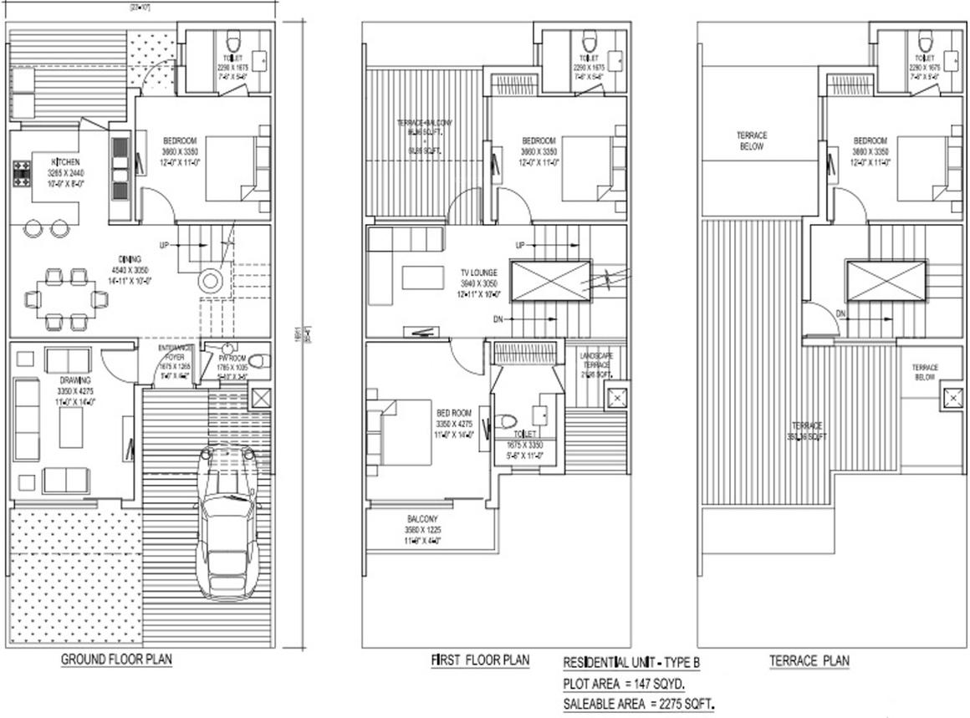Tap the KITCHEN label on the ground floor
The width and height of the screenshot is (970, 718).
[x=66, y=161]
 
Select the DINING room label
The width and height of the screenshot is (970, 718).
[x=129, y=258]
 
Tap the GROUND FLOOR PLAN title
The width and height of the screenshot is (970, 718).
[x=116, y=659]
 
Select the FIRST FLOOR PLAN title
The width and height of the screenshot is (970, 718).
[x=480, y=660]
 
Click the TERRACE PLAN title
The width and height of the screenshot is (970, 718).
[x=809, y=661]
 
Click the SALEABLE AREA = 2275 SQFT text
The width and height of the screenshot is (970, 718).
[x=639, y=704]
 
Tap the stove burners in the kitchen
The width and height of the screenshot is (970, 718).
[x=21, y=172]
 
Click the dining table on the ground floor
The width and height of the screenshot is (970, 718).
[x=64, y=298]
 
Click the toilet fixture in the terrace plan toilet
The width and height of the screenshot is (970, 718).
[x=924, y=42]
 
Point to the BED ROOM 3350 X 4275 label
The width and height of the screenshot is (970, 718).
[x=453, y=413]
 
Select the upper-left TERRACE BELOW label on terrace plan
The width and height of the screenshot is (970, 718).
[x=752, y=140]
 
